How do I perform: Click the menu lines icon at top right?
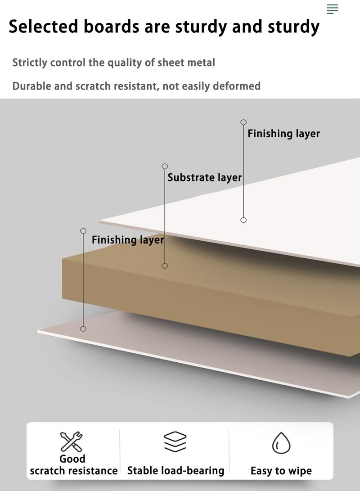coord(333,9)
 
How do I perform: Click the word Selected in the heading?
coord(43,26)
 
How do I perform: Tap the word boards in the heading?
coord(111,26)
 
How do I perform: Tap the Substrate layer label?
coord(205,178)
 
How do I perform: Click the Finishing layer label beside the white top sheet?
coord(283,134)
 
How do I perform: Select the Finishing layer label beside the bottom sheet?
coord(128,240)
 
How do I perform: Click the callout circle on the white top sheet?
coord(243,220)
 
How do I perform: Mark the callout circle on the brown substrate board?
coord(165,266)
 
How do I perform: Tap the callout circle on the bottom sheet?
coord(83,329)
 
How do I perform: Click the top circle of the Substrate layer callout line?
coord(165,166)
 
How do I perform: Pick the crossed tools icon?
coord(72,441)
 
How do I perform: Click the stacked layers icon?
coord(175,441)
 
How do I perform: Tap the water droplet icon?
coord(281,443)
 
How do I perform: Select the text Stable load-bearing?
coord(175,471)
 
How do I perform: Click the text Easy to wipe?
coord(281,471)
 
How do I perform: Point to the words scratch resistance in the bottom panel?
coord(73,471)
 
